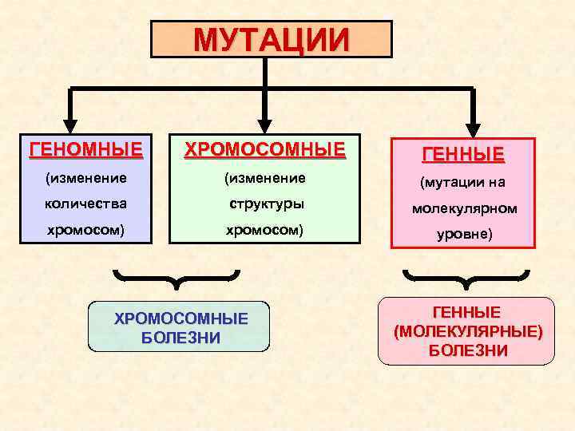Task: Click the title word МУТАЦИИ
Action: tap(272, 38)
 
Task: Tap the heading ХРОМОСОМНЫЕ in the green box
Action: tap(265, 149)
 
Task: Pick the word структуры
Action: tap(265, 203)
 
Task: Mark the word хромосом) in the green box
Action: tap(265, 230)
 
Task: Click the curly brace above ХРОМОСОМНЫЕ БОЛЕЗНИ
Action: tap(177, 279)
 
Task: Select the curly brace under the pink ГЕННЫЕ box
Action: tap(466, 279)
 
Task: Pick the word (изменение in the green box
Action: tap(265, 176)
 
